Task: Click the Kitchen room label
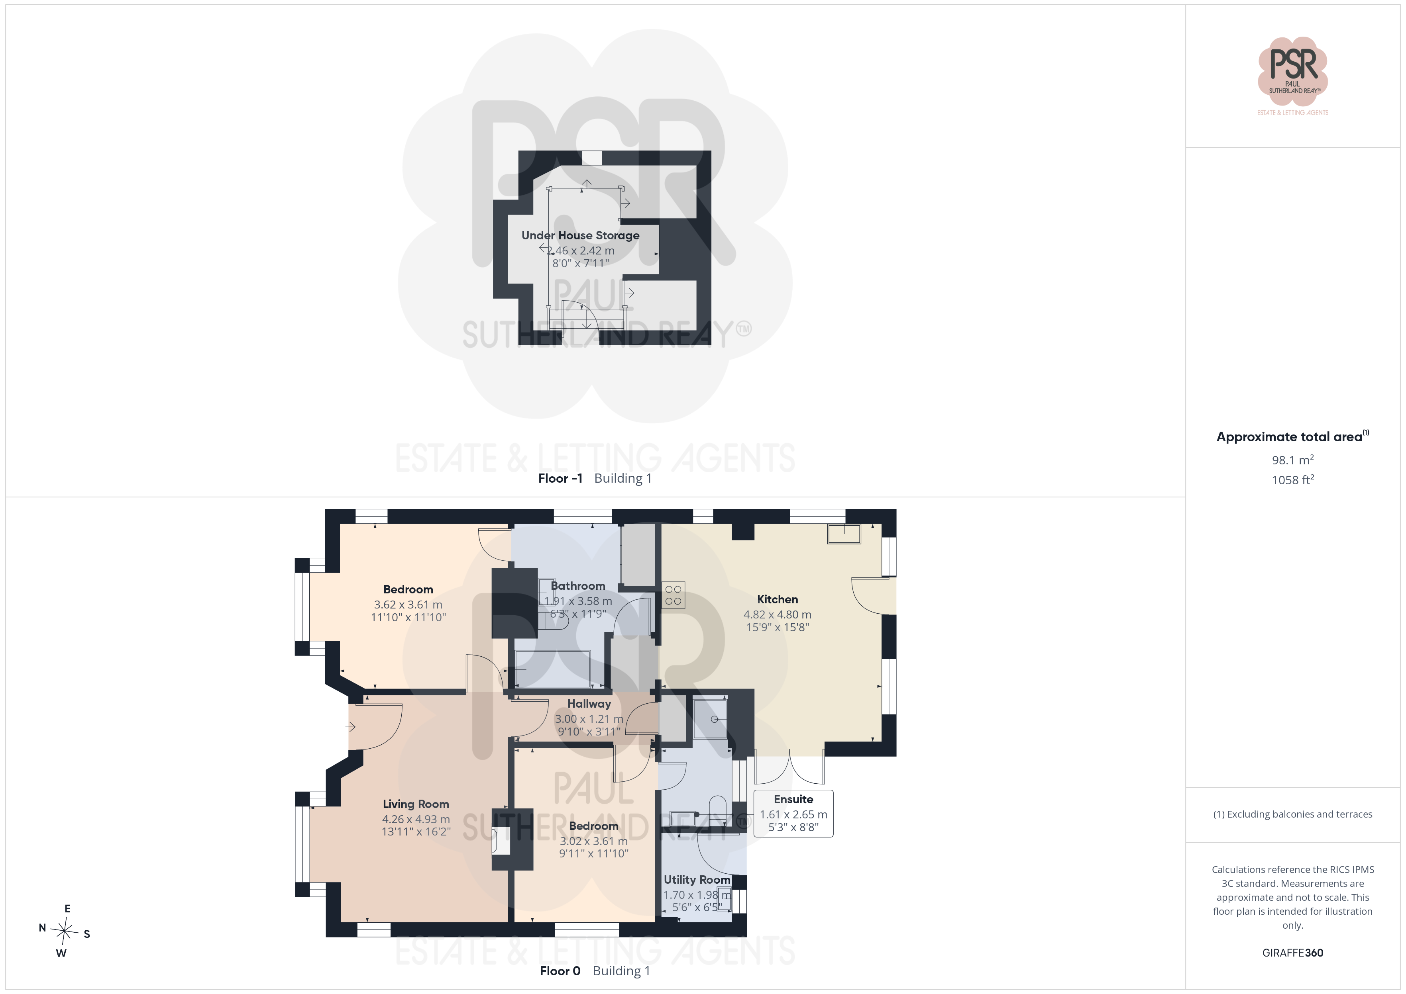pos(777,599)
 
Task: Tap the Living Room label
pos(416,804)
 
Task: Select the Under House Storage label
pos(580,235)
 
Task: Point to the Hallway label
pos(589,704)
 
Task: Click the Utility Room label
pos(697,880)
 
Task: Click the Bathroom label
pos(577,586)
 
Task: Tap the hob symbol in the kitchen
pos(673,595)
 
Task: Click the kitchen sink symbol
pos(844,534)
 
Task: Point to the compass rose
pos(64,931)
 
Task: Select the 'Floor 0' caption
pos(560,971)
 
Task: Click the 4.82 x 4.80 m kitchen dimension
pos(777,614)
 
